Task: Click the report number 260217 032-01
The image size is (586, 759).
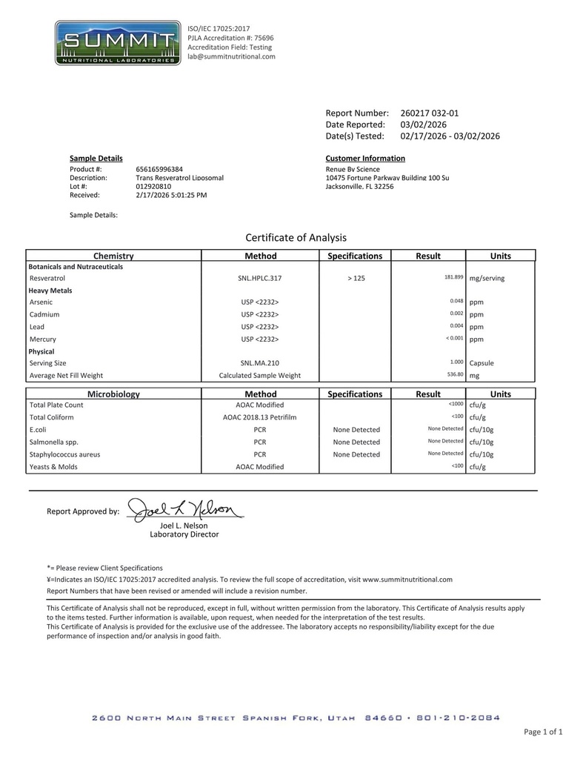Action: pyautogui.click(x=429, y=113)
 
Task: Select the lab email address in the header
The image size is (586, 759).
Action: pyautogui.click(x=231, y=56)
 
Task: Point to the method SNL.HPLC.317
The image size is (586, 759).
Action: pyautogui.click(x=260, y=278)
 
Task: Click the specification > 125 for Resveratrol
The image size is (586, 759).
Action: pyautogui.click(x=355, y=278)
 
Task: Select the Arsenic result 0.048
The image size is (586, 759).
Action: pyautogui.click(x=456, y=301)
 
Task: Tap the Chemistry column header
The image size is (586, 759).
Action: pyautogui.click(x=113, y=256)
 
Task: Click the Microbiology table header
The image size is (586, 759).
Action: pyautogui.click(x=113, y=394)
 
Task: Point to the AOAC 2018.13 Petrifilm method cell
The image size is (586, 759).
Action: pyautogui.click(x=260, y=417)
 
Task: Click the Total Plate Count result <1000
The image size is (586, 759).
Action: pyautogui.click(x=456, y=404)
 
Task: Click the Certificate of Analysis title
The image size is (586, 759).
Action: pyautogui.click(x=296, y=238)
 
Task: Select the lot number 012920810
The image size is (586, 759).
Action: pyautogui.click(x=153, y=187)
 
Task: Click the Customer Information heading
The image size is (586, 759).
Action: pyautogui.click(x=365, y=159)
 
